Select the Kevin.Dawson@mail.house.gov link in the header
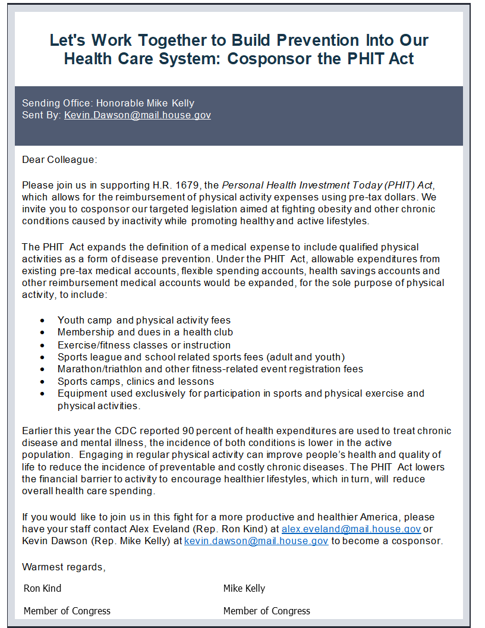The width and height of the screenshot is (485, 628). [137, 115]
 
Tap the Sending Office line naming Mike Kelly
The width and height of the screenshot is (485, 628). [108, 103]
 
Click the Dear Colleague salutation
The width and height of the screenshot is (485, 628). [59, 159]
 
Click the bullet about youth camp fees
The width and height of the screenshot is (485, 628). [144, 320]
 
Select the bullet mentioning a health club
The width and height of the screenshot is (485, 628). [145, 332]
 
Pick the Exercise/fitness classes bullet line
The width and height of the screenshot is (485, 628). [144, 345]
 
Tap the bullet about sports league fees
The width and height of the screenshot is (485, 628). [201, 357]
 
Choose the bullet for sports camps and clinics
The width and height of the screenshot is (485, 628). [136, 381]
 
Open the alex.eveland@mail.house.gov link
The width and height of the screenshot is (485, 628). [351, 529]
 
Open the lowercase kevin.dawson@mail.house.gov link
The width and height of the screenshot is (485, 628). [256, 541]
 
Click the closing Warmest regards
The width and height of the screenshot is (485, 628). [64, 567]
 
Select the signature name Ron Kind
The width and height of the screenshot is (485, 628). [42, 588]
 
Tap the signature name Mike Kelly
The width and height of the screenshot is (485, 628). [244, 588]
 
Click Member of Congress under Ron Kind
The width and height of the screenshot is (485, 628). [67, 611]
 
